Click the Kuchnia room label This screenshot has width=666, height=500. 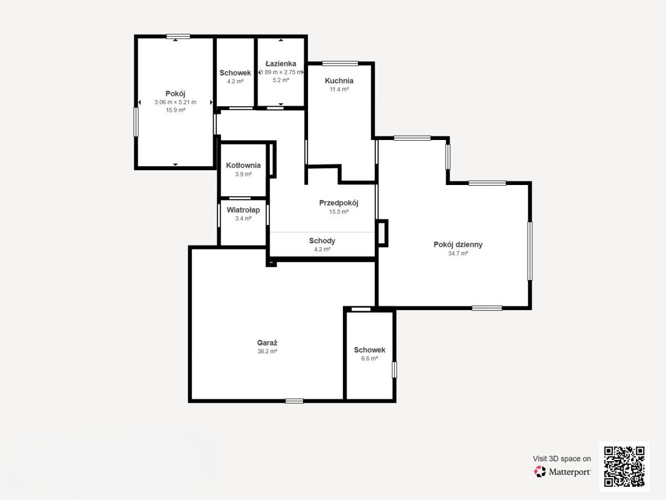339,81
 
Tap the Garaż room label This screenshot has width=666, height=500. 267,343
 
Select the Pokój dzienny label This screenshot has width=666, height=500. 458,244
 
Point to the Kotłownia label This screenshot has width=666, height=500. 243,166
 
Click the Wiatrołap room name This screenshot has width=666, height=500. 243,210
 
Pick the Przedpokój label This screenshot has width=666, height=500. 339,203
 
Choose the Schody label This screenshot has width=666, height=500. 322,241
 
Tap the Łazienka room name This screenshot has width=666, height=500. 281,64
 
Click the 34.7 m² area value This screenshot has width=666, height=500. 458,253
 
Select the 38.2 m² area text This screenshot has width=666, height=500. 267,352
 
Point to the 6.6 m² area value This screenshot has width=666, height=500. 370,358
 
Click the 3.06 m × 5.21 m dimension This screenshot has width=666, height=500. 175,102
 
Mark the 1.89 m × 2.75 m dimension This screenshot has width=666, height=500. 281,72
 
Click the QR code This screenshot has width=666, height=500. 624,466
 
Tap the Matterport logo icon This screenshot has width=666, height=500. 540,472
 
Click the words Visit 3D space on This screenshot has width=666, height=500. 562,459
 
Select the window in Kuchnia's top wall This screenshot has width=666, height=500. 340,63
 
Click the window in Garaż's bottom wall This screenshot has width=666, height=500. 294,401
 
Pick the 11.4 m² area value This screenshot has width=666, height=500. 339,89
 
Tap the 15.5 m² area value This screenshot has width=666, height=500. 339,212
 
